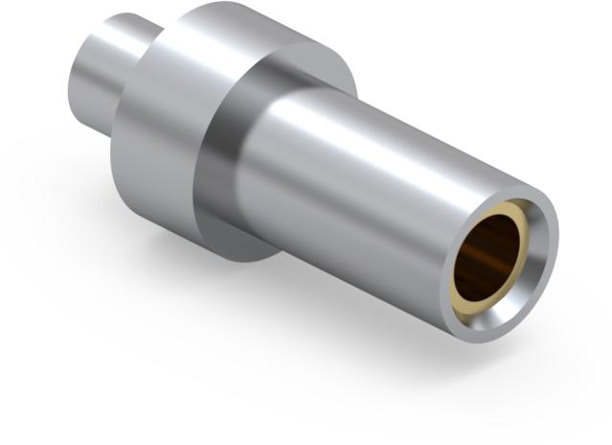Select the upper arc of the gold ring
pyautogui.click(x=508, y=208)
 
